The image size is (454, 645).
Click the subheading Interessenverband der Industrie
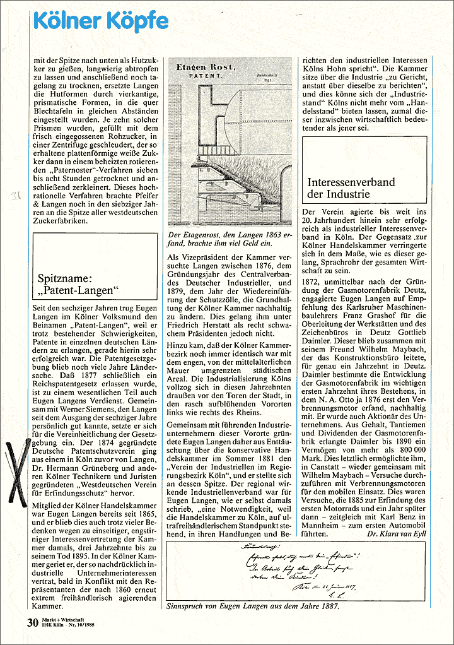point(351,188)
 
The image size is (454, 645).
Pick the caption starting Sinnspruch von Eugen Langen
point(253,607)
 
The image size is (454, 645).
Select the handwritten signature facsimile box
point(296,572)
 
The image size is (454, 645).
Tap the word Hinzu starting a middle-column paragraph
point(177,346)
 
